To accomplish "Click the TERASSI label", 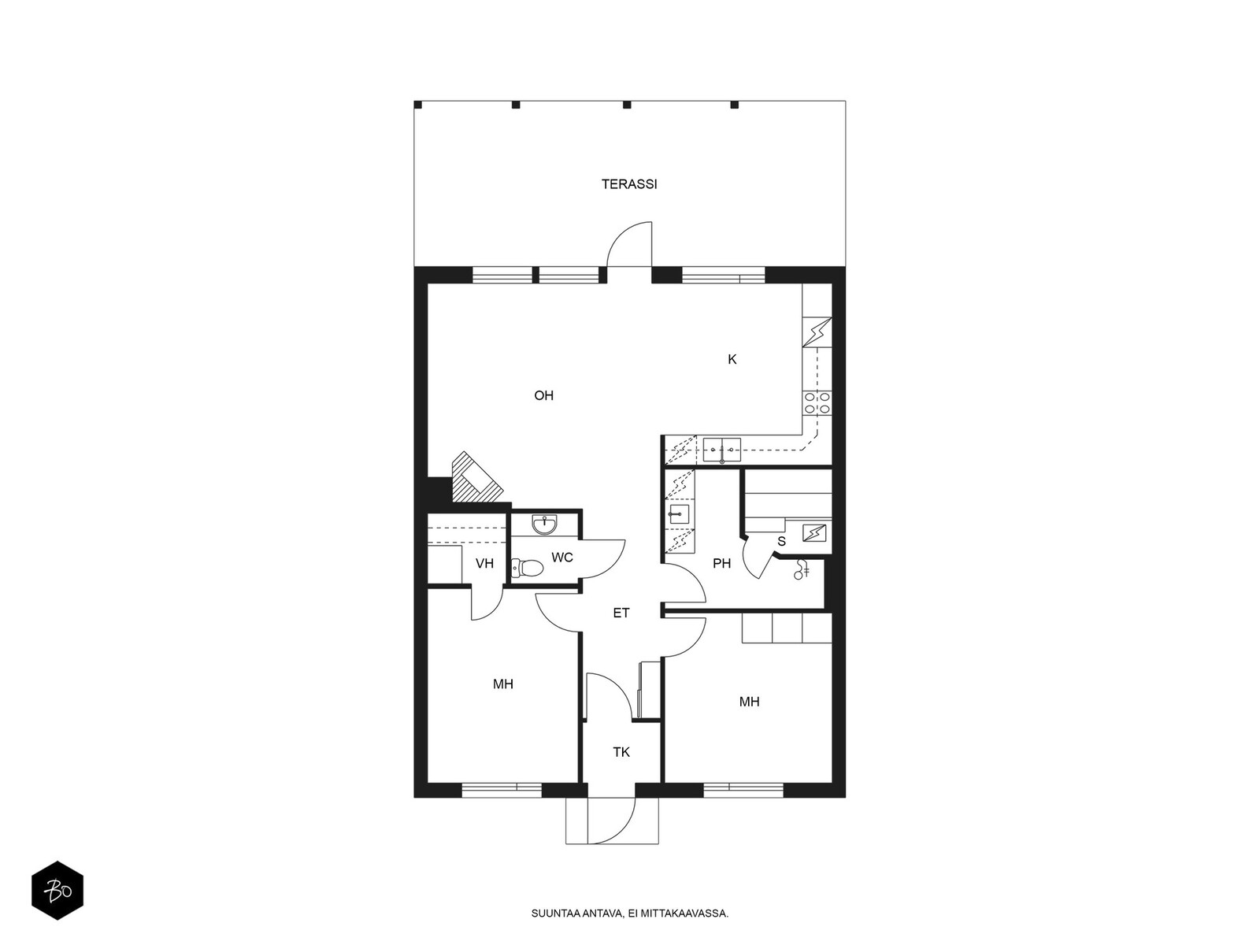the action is [629, 184].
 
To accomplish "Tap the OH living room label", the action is [543, 395].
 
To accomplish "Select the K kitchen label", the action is [732, 359].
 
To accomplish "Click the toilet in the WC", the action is [528, 568].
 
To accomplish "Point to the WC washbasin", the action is [543, 524].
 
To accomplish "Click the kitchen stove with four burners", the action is [817, 402].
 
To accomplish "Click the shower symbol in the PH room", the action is [801, 569].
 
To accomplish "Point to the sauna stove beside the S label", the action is [814, 533].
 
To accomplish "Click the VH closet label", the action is [484, 563].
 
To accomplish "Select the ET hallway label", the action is [621, 613].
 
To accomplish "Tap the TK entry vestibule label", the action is [621, 751].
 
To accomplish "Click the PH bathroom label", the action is [721, 563].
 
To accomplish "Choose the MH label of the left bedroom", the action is [503, 684].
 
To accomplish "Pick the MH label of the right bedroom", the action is [749, 701].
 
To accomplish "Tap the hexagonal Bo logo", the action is [57, 891].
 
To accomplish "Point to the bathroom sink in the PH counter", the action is [679, 513].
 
